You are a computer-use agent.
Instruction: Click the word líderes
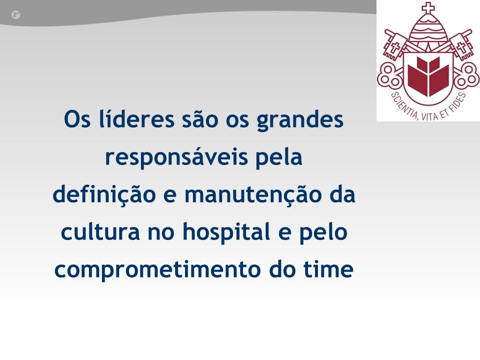click(137, 119)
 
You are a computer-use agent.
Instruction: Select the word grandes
click(300, 121)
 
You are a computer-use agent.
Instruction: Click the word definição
click(104, 194)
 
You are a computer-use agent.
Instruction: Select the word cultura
click(100, 231)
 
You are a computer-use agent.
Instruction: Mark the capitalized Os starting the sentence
click(77, 119)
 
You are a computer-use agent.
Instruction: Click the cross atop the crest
click(428, 7)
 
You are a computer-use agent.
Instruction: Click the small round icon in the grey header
click(15, 14)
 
